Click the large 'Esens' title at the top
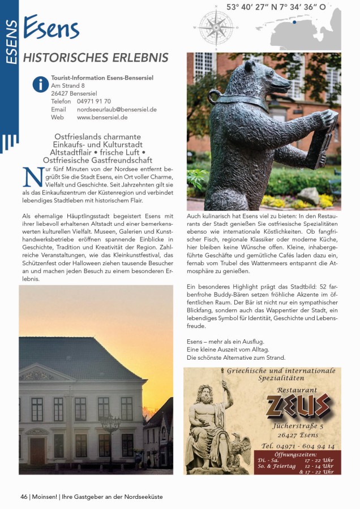pyautogui.click(x=52, y=28)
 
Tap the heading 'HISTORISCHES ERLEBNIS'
pyautogui.click(x=95, y=58)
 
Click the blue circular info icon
pyautogui.click(x=40, y=85)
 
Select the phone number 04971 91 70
pyautogui.click(x=94, y=101)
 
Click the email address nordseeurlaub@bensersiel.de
pyautogui.click(x=117, y=109)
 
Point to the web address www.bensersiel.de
pyautogui.click(x=102, y=118)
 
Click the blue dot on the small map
pyautogui.click(x=294, y=22)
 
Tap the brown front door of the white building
pyautogui.click(x=37, y=451)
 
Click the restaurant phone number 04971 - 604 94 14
pyautogui.click(x=298, y=446)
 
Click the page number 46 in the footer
pyautogui.click(x=24, y=497)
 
